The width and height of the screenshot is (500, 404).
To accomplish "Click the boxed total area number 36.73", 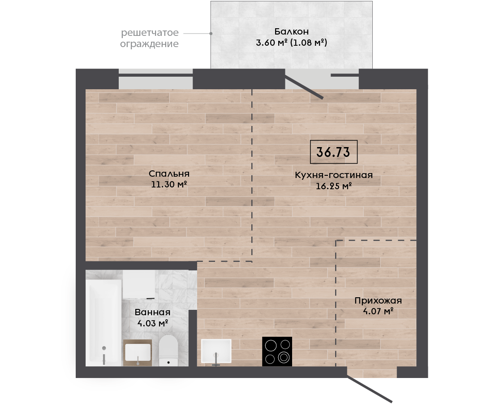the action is click(x=333, y=152).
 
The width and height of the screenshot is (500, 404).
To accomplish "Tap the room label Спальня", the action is click(x=169, y=174).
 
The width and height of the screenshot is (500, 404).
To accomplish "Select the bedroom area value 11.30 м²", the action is click(x=169, y=184).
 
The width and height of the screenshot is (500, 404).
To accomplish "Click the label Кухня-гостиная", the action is click(x=333, y=175).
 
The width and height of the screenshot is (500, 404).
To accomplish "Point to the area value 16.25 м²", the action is click(x=333, y=186).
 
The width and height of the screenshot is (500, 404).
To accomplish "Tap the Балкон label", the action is click(x=292, y=31).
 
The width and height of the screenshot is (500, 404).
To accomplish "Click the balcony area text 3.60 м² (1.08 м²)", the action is click(x=292, y=43).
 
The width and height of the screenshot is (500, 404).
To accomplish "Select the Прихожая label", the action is click(x=378, y=300).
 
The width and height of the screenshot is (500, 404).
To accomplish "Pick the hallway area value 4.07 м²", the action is click(x=378, y=311).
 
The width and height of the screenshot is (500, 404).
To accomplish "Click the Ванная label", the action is click(x=152, y=312).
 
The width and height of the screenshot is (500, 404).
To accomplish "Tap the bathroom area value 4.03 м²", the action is click(x=152, y=323).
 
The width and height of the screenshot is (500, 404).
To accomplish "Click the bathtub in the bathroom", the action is click(x=104, y=323).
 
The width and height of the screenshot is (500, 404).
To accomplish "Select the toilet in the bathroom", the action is click(x=168, y=350).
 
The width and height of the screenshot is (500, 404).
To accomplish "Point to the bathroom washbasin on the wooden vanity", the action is click(x=138, y=352).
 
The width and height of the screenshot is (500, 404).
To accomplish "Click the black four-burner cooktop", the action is click(x=277, y=352).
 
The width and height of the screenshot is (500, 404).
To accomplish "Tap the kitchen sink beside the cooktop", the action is click(x=216, y=351).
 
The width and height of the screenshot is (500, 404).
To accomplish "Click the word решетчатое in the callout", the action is click(x=150, y=33).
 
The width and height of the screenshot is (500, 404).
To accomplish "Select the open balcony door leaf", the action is click(x=304, y=87).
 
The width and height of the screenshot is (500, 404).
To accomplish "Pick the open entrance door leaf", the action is click(x=369, y=389).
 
